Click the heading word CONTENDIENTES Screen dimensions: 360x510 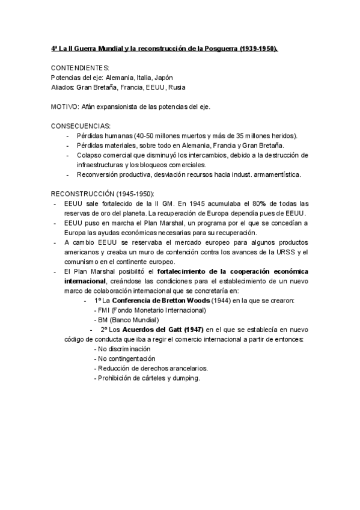point(80,68)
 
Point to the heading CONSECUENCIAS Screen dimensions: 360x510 point(81,126)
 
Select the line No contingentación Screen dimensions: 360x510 point(124,358)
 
